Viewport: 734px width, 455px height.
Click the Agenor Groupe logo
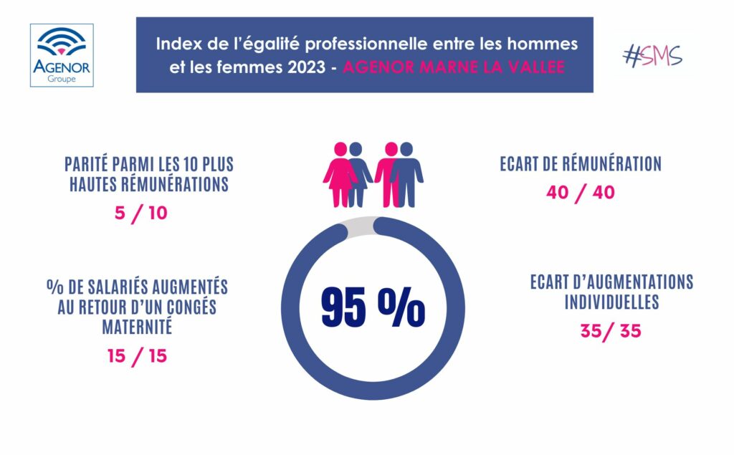[62, 55]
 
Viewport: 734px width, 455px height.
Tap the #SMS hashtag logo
[652, 55]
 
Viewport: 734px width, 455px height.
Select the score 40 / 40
[580, 193]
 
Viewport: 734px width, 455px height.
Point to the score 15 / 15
[138, 355]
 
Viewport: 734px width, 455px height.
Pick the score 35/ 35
[611, 331]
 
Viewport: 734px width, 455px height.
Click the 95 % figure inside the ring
[373, 307]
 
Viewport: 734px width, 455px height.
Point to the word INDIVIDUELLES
[611, 302]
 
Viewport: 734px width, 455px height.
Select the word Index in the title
[176, 44]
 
